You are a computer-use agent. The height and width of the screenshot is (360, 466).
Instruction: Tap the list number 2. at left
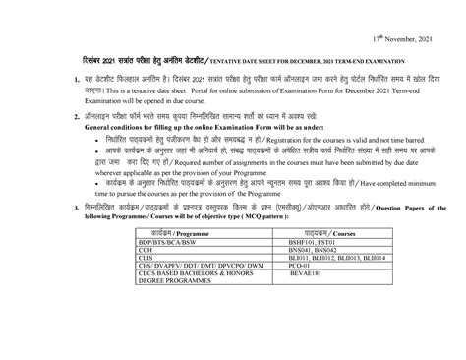(62, 115)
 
